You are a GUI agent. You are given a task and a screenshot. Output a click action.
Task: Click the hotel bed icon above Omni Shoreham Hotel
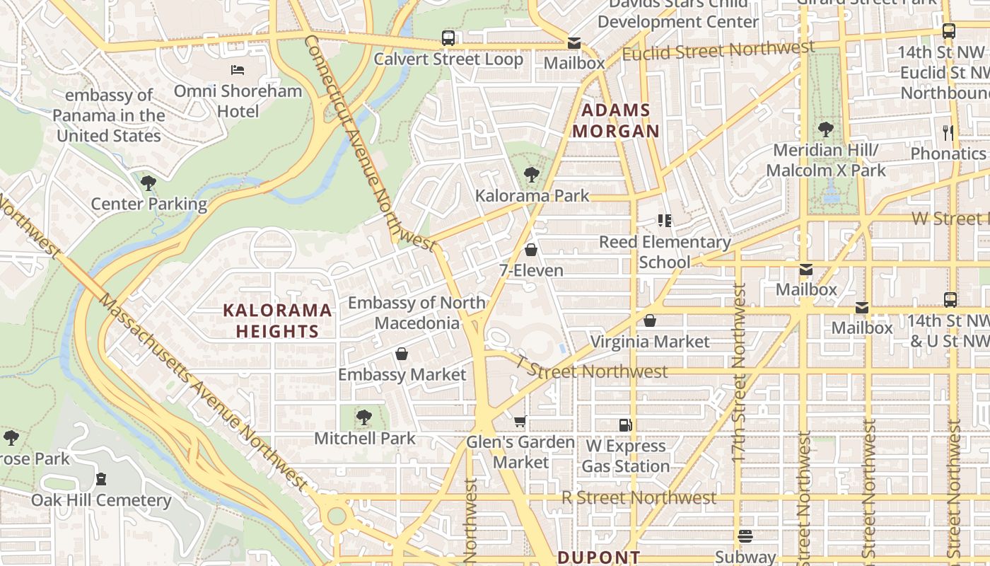coord(238,69)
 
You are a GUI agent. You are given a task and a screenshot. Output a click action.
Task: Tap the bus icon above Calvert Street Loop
coord(448,37)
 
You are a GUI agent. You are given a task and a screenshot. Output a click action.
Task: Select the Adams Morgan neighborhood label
coord(615,120)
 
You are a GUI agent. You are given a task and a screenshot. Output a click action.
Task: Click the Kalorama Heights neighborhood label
coord(277,320)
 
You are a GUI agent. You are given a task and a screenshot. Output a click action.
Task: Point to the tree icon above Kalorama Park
coord(532,174)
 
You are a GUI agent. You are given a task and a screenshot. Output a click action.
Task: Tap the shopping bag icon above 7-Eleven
coord(531,250)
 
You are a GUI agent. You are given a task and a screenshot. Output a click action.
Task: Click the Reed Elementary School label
coord(665,252)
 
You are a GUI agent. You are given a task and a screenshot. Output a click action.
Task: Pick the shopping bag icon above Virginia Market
coord(650,320)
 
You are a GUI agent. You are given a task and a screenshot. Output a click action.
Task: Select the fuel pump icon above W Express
coord(625,424)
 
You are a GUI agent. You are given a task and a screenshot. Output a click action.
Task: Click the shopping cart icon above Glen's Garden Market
coord(520,422)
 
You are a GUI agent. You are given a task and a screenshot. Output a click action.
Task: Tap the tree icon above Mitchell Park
coord(364,417)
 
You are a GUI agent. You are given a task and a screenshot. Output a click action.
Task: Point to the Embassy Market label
coord(402,374)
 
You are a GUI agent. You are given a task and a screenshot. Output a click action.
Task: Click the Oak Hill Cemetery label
coord(101,500)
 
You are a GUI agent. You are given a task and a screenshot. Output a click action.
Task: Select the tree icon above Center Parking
coord(148,183)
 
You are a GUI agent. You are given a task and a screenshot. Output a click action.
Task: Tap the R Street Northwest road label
coord(639,497)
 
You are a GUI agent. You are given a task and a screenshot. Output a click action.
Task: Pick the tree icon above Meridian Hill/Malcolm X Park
coord(825,129)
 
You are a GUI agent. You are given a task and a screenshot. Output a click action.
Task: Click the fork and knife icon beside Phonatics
coord(948,132)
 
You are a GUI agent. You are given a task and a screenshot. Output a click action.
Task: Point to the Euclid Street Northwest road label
coord(718,51)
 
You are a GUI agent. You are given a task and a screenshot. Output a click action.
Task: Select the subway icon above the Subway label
coord(745,536)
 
